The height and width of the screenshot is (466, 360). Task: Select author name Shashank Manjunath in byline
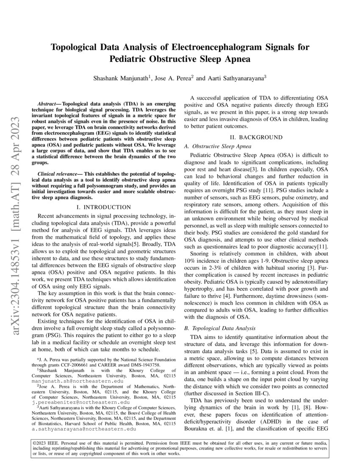pyautogui.click(x=120, y=78)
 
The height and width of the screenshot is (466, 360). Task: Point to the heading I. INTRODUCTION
pyautogui.click(x=102, y=207)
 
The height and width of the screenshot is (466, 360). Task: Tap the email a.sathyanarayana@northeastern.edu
pyautogui.click(x=84, y=428)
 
